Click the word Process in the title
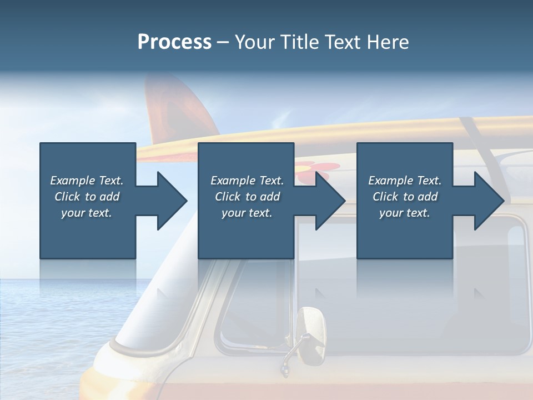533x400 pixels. (174, 42)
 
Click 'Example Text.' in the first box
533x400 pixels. (87, 181)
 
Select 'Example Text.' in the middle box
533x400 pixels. (247, 181)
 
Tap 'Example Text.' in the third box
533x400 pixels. (405, 181)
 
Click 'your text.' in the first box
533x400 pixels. (87, 213)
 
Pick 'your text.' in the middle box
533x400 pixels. (247, 213)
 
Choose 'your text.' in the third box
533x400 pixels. (405, 213)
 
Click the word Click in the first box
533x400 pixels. (68, 197)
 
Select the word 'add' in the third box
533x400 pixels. (428, 197)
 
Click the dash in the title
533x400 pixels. (223, 42)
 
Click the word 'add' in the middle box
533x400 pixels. (270, 197)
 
